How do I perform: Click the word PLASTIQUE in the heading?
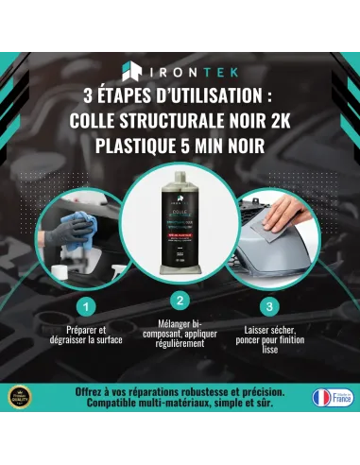tap(140, 146)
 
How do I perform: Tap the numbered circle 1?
tap(85, 306)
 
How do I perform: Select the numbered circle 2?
tap(180, 301)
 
